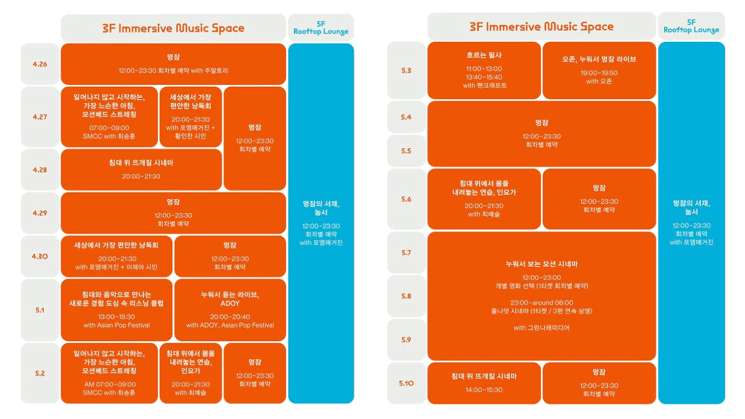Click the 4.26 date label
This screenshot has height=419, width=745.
pyautogui.click(x=40, y=64)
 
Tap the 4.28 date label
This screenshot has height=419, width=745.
pyautogui.click(x=40, y=170)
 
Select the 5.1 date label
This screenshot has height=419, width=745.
pyautogui.click(x=40, y=310)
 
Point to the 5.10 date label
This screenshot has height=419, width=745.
pyautogui.click(x=406, y=383)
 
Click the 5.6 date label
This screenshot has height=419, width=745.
pyautogui.click(x=406, y=199)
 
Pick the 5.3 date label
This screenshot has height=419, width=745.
pyautogui.click(x=406, y=70)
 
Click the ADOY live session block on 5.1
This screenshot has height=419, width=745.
pyautogui.click(x=230, y=310)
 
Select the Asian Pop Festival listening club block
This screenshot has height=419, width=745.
pyautogui.click(x=116, y=310)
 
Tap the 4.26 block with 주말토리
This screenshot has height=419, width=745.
pyautogui.click(x=173, y=64)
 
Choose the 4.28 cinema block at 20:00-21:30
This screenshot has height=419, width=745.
pyautogui.click(x=141, y=169)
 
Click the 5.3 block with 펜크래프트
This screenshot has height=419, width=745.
pyautogui.click(x=484, y=70)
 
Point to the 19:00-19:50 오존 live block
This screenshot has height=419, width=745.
pyautogui.click(x=599, y=70)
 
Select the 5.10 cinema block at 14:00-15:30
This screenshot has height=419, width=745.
pyautogui.click(x=484, y=383)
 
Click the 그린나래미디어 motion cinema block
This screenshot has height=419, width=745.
pyautogui.click(x=541, y=296)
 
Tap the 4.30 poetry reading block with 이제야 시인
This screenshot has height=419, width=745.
pyautogui.click(x=116, y=256)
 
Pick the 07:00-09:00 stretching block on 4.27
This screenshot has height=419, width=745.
pyautogui.click(x=109, y=116)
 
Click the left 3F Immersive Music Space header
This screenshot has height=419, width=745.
pyautogui.click(x=173, y=28)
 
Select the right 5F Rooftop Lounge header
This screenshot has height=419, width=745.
pyautogui.click(x=691, y=27)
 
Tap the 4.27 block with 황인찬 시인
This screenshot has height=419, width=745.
pyautogui.click(x=190, y=116)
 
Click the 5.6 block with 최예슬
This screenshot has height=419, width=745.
pyautogui.click(x=484, y=199)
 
